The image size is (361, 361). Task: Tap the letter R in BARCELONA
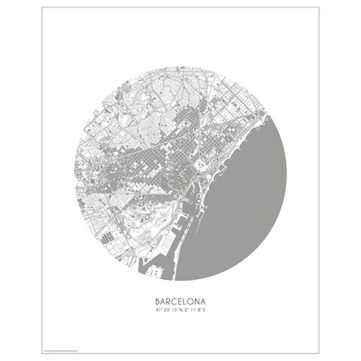tap(168, 300)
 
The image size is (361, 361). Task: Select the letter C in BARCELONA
tap(175, 300)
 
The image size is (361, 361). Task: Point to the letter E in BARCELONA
tap(181, 300)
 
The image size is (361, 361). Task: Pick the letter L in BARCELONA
tap(187, 300)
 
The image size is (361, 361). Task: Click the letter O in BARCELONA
tap(194, 300)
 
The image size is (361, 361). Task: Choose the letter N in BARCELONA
tap(201, 300)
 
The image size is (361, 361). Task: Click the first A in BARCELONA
tap(162, 300)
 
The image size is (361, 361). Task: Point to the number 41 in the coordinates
tap(155, 309)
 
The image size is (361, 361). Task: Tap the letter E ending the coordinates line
tap(208, 309)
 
